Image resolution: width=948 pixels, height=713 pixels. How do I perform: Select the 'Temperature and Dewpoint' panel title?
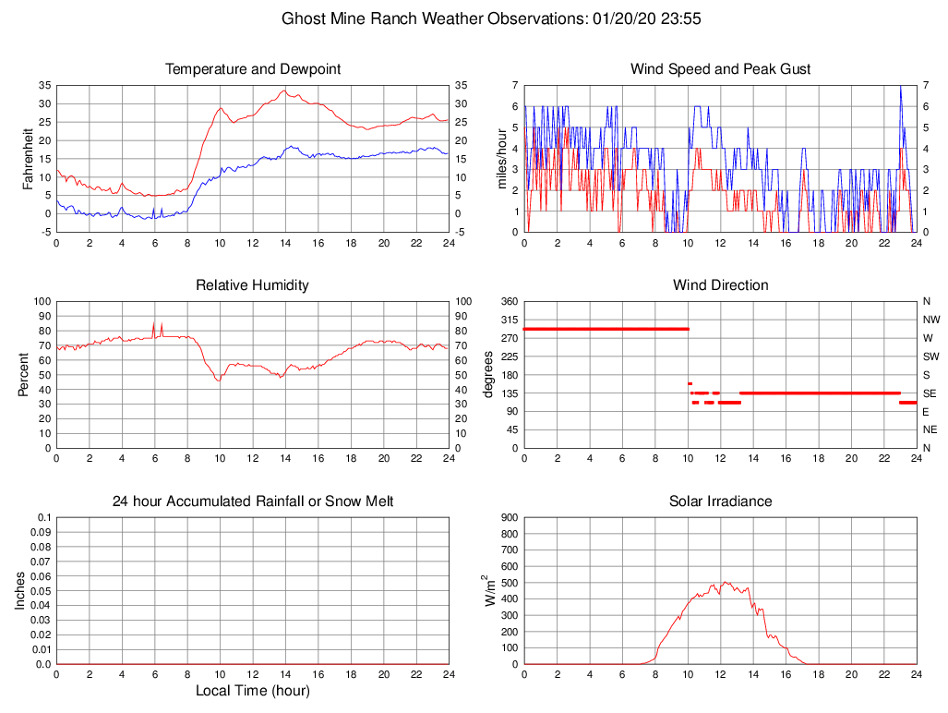coord(253,69)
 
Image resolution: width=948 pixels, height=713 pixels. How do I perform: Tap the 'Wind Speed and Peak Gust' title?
coord(720,69)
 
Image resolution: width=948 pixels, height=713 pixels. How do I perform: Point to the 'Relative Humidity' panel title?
coord(253,285)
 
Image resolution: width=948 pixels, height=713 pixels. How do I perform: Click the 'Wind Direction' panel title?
coord(720,285)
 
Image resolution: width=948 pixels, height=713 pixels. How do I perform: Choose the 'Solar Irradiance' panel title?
coord(720,502)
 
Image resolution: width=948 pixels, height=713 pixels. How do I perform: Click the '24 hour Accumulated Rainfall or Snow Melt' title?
coord(253,502)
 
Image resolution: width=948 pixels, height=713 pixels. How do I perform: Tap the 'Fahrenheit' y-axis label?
coord(29,158)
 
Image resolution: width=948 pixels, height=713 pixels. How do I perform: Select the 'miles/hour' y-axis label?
coord(503,158)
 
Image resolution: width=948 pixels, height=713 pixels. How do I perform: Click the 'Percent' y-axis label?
coord(24,374)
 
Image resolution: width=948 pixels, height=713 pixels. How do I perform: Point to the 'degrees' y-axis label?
coord(488,374)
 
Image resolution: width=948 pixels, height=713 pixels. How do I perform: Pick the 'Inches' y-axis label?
coord(20,590)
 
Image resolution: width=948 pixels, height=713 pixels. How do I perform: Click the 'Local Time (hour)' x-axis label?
coord(253,691)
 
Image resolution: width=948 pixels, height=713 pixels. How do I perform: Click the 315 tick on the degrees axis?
coord(508,320)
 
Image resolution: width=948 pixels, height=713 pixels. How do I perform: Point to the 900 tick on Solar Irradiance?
coord(508,517)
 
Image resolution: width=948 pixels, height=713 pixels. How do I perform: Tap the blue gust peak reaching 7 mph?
coord(900,86)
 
